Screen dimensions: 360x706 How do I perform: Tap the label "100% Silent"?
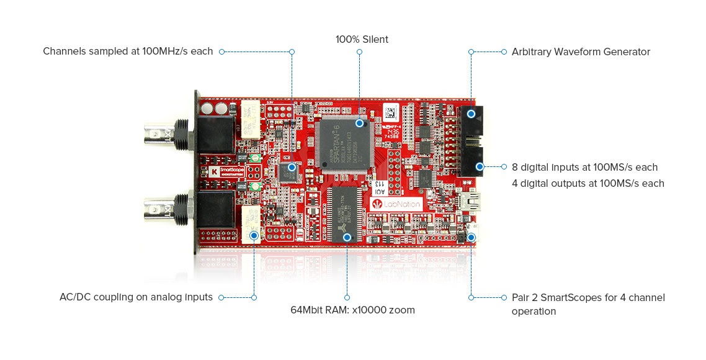point(362,39)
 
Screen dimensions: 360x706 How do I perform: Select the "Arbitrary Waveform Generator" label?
point(581,52)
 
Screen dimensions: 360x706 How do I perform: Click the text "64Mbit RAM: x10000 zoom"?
point(353,310)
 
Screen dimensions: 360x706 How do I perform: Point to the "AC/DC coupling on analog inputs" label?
point(136,297)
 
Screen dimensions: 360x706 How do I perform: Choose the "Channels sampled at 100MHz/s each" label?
point(128,52)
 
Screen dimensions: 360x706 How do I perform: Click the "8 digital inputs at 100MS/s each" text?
point(584,167)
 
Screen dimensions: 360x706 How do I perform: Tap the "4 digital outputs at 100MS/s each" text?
point(588,183)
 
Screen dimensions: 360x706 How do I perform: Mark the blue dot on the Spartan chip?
point(359,124)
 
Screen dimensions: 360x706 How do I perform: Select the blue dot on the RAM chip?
point(347,236)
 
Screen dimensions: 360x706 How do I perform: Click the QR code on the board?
point(390,114)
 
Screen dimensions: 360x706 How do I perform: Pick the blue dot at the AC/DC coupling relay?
point(254,235)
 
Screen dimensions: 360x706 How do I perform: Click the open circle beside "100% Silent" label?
point(359,52)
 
